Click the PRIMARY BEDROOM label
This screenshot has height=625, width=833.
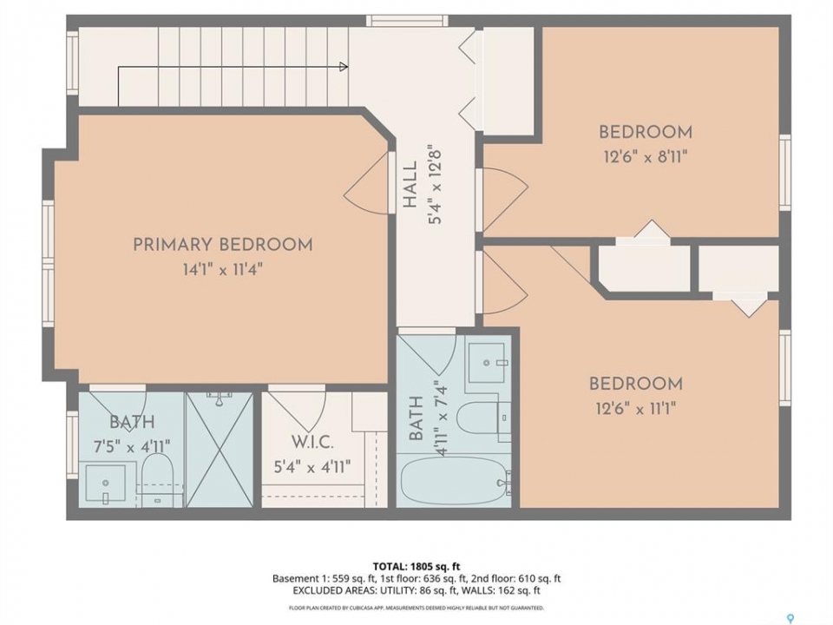click(x=223, y=245)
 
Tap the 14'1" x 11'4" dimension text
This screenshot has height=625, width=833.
click(x=223, y=269)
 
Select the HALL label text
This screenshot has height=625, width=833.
click(x=410, y=186)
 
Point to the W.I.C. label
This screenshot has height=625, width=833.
click(x=312, y=442)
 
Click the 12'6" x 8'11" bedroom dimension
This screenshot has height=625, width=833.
click(x=646, y=157)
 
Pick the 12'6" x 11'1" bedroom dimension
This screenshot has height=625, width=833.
click(x=636, y=409)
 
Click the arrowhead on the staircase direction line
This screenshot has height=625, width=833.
click(x=344, y=67)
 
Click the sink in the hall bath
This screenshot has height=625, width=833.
click(x=487, y=363)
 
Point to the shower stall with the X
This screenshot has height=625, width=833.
click(x=219, y=450)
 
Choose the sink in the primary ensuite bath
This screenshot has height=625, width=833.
click(x=106, y=484)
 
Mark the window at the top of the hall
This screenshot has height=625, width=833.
click(x=407, y=21)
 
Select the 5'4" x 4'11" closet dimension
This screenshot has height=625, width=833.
click(x=312, y=467)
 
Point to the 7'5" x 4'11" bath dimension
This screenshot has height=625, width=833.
click(x=132, y=447)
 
